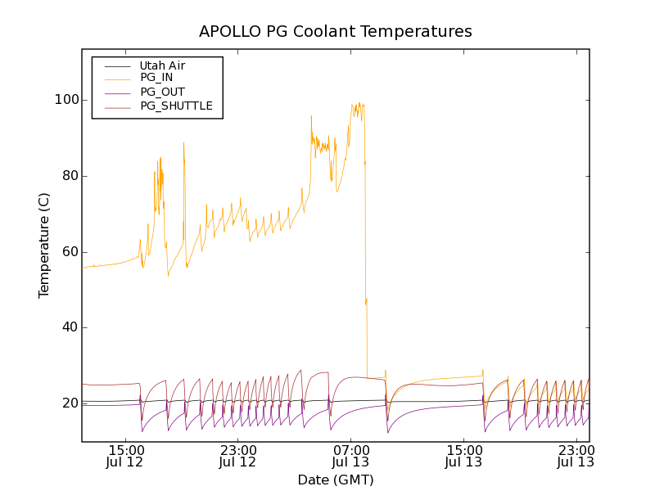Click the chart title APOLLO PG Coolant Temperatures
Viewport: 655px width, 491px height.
point(336,32)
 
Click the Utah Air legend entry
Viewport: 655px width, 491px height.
point(162,65)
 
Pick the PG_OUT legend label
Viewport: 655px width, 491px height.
point(162,92)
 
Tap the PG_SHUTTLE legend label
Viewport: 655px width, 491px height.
point(176,106)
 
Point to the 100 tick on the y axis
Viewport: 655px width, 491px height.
point(66,100)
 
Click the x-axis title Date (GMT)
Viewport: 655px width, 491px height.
point(336,480)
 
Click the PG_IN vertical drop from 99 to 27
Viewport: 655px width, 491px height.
point(365,245)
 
